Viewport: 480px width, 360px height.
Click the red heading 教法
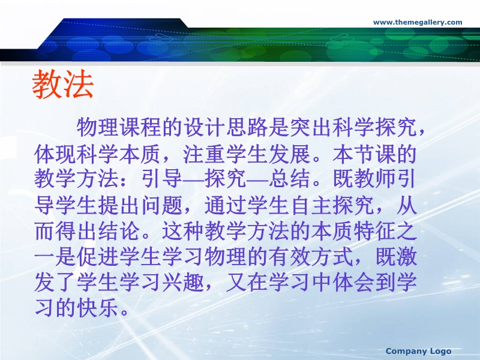point(63,84)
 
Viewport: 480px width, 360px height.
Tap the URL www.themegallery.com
point(418,22)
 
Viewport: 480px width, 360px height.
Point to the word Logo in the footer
point(440,352)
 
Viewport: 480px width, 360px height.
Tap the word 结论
point(119,231)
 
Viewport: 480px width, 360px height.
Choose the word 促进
point(98,257)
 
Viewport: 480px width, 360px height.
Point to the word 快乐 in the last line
point(98,308)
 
